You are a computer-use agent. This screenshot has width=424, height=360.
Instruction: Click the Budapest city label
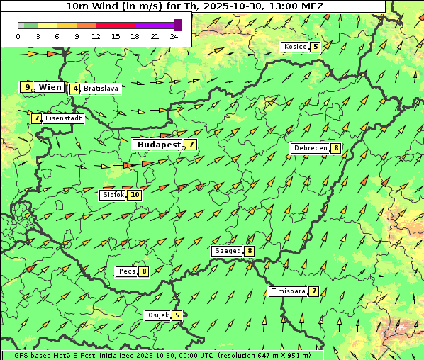point(160,144)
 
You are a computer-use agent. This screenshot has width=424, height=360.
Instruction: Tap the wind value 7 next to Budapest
point(190,144)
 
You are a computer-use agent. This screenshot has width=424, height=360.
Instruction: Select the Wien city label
point(50,87)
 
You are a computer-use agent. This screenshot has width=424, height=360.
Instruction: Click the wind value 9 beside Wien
point(27,87)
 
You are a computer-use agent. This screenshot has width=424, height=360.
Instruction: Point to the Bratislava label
point(100,89)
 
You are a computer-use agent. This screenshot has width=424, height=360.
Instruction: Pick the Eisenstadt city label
point(64,118)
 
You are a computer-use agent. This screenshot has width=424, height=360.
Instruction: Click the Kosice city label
point(295,47)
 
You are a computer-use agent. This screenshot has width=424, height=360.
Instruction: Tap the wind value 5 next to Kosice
point(315,47)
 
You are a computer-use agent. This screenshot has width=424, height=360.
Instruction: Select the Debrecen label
point(310,148)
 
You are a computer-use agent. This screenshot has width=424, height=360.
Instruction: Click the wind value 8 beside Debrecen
point(335,148)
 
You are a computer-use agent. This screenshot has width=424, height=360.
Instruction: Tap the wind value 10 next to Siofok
point(135,194)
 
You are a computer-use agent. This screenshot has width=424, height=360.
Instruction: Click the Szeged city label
point(228,250)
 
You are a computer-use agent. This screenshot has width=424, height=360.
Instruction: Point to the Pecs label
point(128,271)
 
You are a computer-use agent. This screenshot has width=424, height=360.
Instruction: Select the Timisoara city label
point(289,291)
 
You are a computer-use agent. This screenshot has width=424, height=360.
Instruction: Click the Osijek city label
point(157,315)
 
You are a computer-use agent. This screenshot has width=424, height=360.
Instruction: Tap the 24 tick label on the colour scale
point(174,36)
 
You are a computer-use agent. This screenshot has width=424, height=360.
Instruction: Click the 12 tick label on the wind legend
point(96,36)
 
